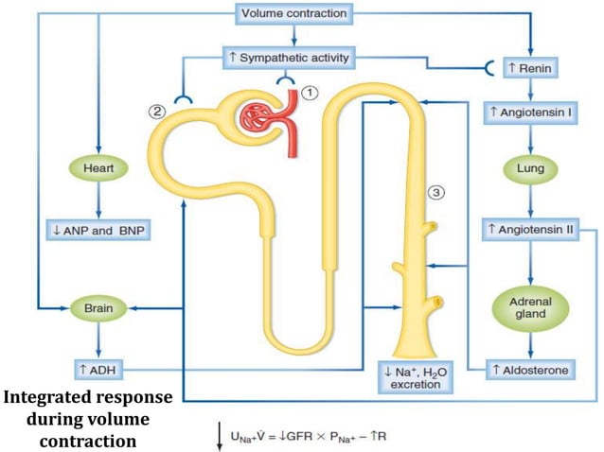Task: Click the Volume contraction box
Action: pyautogui.click(x=294, y=14)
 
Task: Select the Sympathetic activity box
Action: pyautogui.click(x=288, y=58)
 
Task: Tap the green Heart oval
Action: pyautogui.click(x=98, y=171)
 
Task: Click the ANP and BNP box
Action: pyautogui.click(x=98, y=229)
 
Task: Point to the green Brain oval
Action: pyautogui.click(x=98, y=308)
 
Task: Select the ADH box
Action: pyautogui.click(x=98, y=369)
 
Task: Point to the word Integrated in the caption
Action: pyautogui.click(x=48, y=396)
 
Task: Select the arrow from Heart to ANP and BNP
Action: pyautogui.click(x=98, y=201)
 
